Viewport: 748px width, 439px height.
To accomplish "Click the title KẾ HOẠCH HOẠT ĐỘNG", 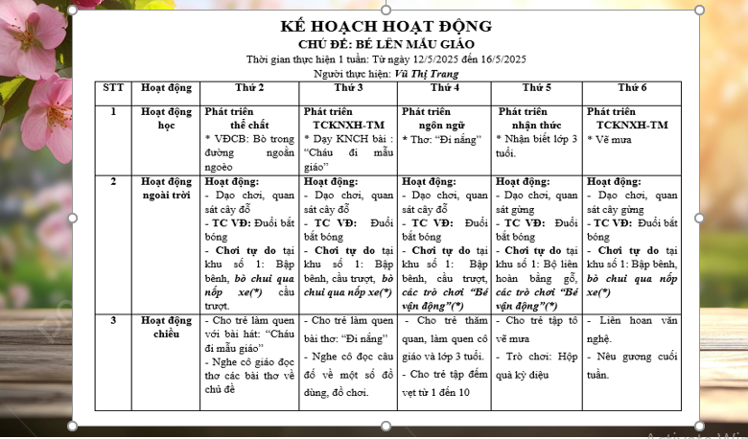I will click(x=386, y=27).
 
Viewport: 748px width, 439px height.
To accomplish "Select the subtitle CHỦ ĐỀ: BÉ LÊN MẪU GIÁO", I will click(x=386, y=44).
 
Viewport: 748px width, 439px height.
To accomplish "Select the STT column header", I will click(x=113, y=88).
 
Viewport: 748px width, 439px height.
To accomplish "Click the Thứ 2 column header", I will click(x=249, y=88).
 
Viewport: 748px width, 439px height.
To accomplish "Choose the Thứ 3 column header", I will click(x=346, y=88).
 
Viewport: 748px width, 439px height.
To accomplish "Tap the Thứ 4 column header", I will click(x=443, y=88).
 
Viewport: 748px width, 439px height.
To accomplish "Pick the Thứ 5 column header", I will click(x=536, y=88).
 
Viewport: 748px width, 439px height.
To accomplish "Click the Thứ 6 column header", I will click(x=632, y=88).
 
